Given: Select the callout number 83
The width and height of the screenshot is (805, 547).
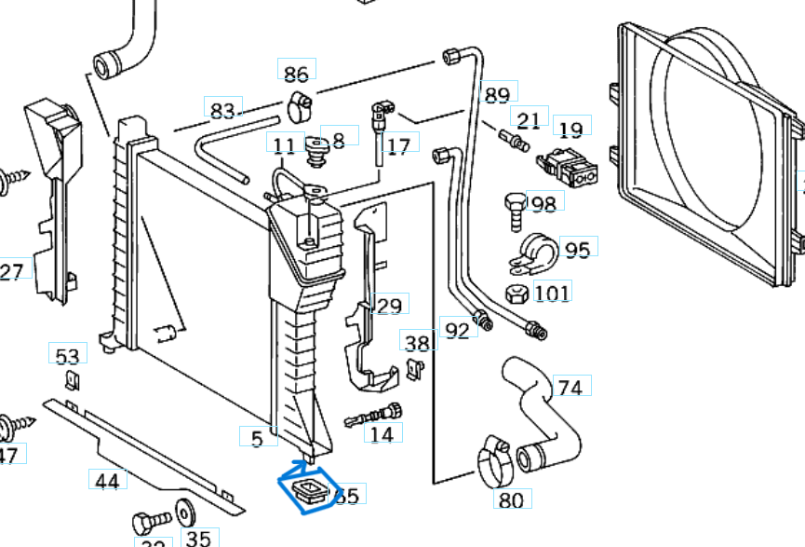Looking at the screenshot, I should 221,110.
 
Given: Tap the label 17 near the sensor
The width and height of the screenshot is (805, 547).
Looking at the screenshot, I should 399,145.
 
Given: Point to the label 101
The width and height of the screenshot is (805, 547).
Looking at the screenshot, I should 552,294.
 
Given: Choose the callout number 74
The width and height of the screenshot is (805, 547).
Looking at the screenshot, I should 570,386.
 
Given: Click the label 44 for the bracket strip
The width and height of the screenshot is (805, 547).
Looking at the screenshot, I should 108,481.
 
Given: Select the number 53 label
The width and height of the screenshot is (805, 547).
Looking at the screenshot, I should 67,356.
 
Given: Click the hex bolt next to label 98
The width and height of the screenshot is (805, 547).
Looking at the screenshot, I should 515,209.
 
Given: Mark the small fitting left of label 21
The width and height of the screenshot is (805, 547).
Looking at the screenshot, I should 513,140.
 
